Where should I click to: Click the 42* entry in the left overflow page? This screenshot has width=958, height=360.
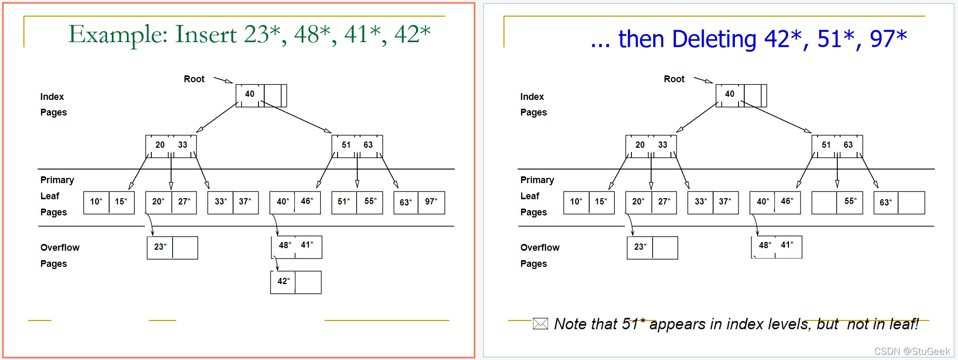click(x=283, y=281)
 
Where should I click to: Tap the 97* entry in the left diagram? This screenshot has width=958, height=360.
click(x=431, y=202)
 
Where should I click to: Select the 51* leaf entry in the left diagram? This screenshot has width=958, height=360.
click(x=344, y=202)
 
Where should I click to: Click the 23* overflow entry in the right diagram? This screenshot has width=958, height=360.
click(x=640, y=247)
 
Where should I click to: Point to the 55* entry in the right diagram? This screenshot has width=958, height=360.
click(x=850, y=202)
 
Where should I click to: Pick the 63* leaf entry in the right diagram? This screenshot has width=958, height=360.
click(x=886, y=202)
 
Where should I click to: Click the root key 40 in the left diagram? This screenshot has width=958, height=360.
click(x=250, y=94)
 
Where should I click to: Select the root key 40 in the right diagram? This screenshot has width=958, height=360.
click(x=730, y=94)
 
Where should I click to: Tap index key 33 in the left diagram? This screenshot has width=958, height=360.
click(x=183, y=145)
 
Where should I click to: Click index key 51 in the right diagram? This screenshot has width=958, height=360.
click(x=826, y=145)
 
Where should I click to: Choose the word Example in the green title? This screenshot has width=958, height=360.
click(x=118, y=34)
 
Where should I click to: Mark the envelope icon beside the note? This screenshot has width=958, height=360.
click(x=540, y=324)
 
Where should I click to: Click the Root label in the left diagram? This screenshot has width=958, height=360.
click(x=194, y=79)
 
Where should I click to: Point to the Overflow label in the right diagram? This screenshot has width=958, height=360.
click(x=540, y=248)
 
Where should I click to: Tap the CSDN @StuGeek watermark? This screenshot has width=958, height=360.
click(x=912, y=352)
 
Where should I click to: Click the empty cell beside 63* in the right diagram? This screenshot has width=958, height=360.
click(x=911, y=202)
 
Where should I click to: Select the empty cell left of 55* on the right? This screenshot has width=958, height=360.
click(x=824, y=202)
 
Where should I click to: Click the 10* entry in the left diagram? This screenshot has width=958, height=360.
click(x=96, y=202)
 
